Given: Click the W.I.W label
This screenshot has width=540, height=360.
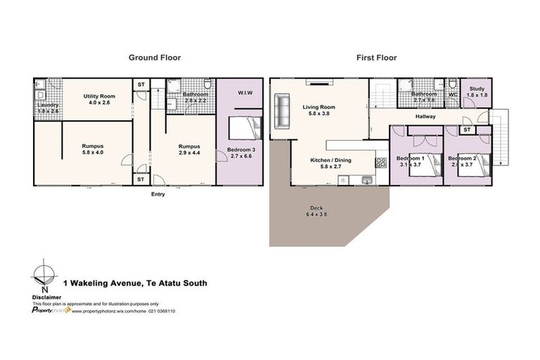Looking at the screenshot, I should coord(245,93).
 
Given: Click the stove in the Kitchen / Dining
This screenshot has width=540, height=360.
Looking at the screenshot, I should coord(380,162).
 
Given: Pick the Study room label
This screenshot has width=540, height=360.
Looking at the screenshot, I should coord(477,91).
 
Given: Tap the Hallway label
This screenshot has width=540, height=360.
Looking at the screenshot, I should coord(425,116).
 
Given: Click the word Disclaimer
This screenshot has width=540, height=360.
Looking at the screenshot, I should coord(46,296).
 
